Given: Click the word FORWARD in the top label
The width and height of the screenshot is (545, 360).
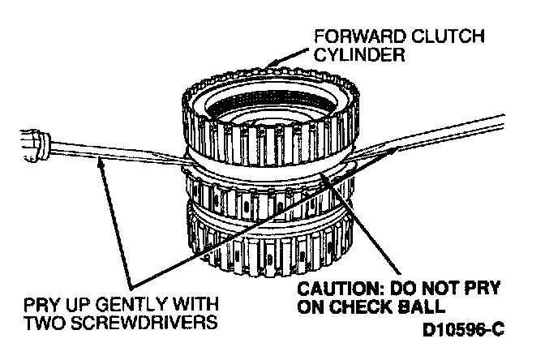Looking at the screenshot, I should pyautogui.click(x=340, y=37).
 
